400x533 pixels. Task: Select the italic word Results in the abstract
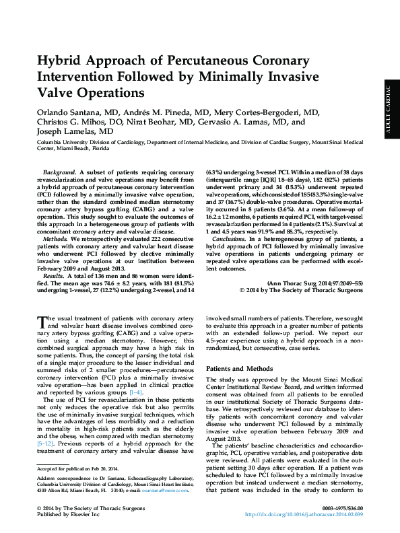click(x=53, y=276)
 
